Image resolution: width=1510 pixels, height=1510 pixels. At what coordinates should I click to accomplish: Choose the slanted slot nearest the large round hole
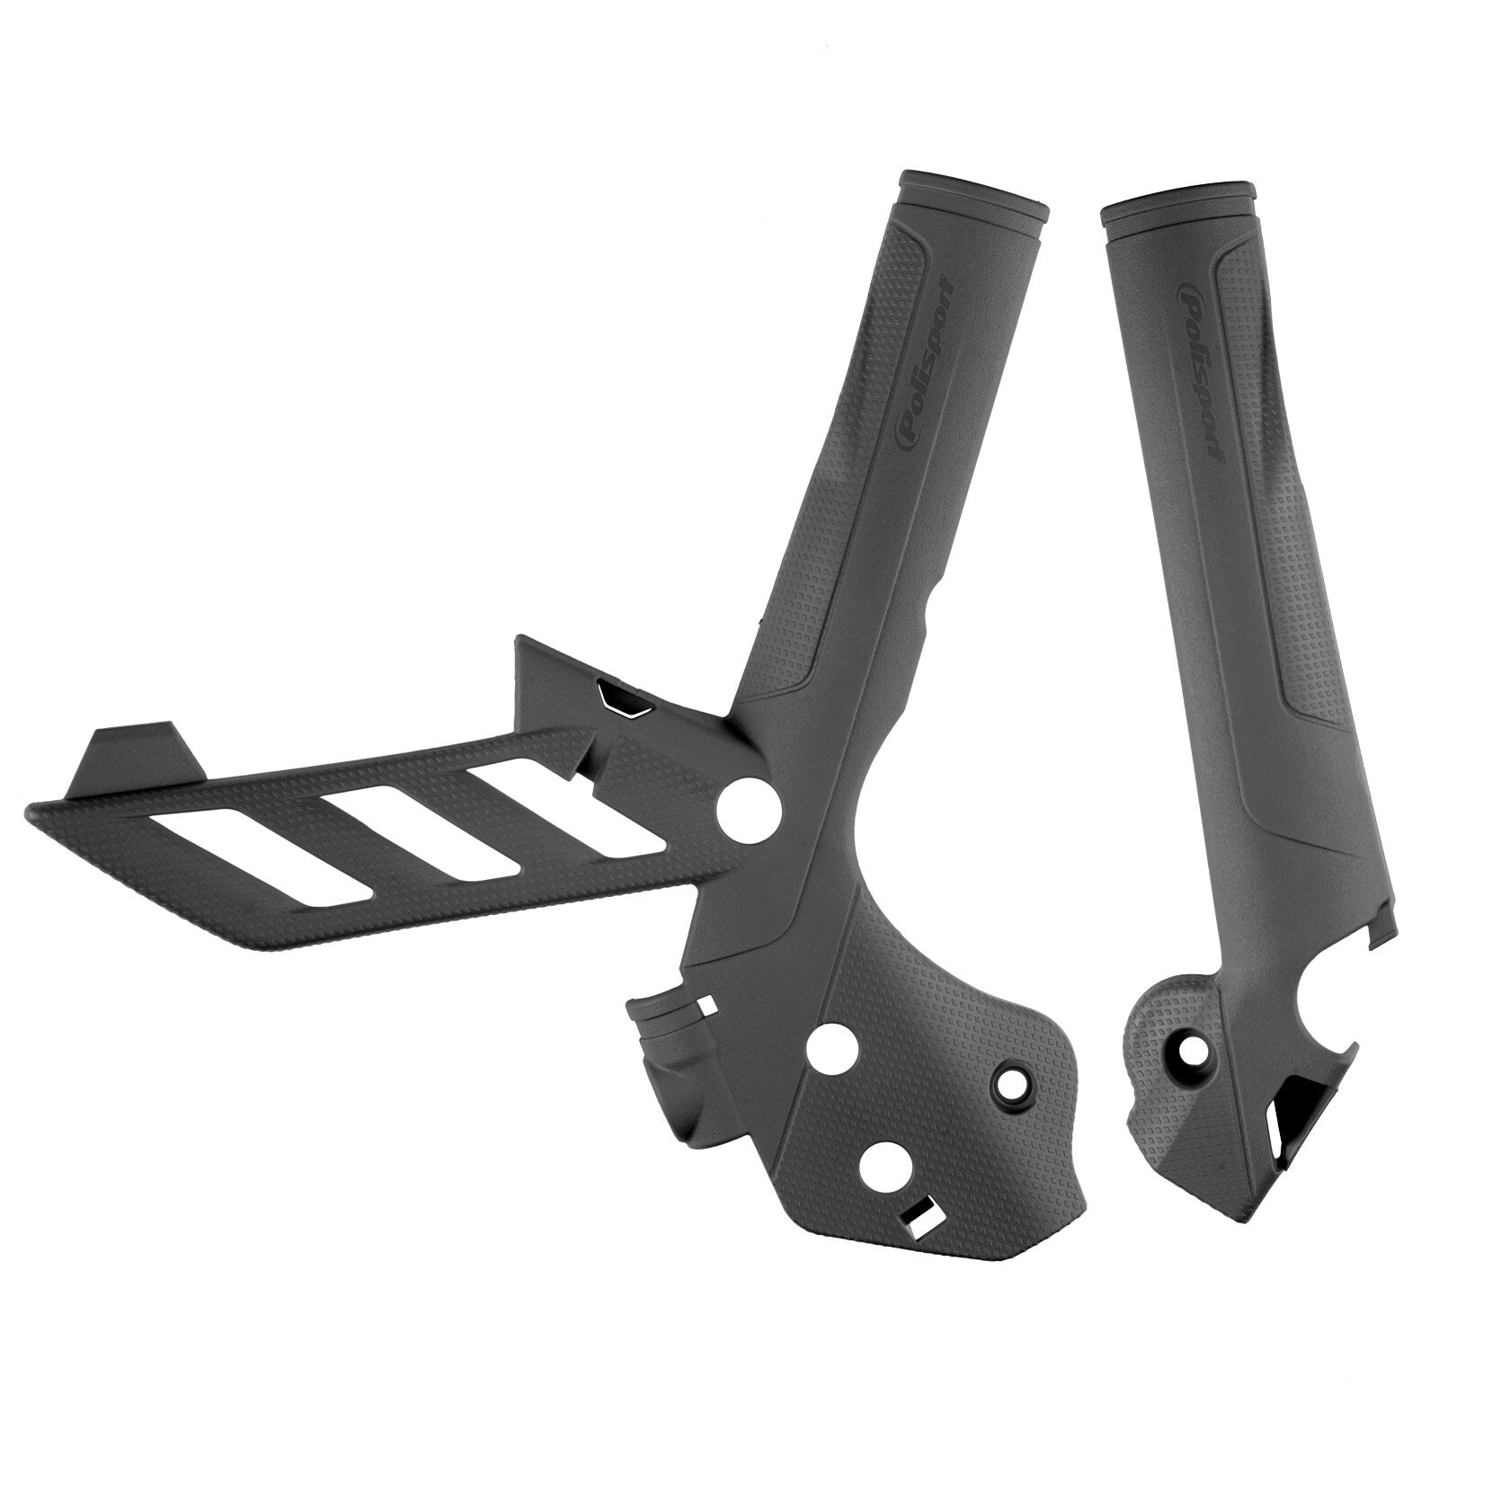(x=570, y=799)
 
